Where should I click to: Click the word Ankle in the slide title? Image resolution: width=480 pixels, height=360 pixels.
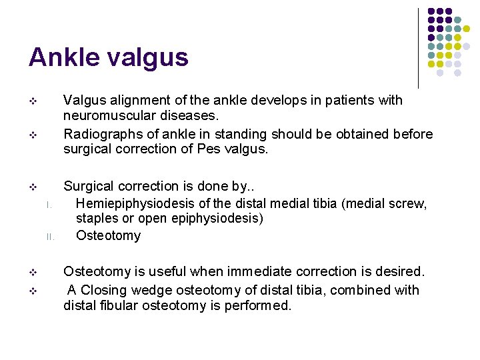62,58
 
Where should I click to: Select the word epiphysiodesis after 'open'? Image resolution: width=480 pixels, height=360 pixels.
223,219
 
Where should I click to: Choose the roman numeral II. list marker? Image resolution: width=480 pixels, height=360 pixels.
48,236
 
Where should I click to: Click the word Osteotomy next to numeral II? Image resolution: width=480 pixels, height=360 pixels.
108,235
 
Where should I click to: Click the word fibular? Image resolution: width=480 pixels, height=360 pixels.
117,307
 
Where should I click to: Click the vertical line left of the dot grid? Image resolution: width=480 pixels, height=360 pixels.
418,48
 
